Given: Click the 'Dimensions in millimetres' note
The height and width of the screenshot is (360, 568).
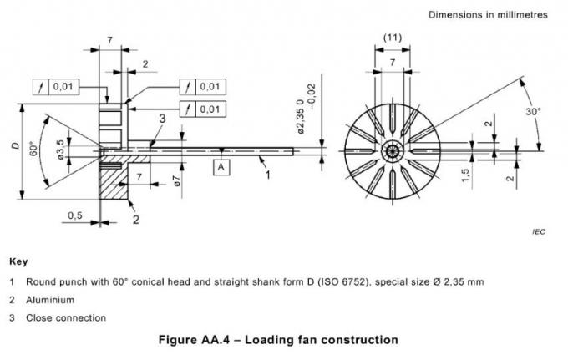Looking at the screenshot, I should pos(487,15).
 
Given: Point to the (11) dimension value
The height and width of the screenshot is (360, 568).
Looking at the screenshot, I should pos(392,38).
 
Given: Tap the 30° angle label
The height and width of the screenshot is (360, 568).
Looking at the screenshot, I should pos(533,110).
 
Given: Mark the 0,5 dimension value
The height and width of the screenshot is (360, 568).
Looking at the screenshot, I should pos(76,215).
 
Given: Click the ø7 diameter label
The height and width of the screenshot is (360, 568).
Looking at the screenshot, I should pos(177,181).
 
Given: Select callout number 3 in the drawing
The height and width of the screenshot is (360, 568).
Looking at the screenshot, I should pos(162,119).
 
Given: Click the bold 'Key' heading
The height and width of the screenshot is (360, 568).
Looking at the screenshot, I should pos(18,261).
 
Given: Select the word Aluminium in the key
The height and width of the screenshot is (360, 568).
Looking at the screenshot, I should pos(50,299).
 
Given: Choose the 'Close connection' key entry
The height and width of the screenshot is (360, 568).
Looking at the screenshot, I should pos(66,317).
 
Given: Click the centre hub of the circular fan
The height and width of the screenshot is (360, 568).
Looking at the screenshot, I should pos(392,150).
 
